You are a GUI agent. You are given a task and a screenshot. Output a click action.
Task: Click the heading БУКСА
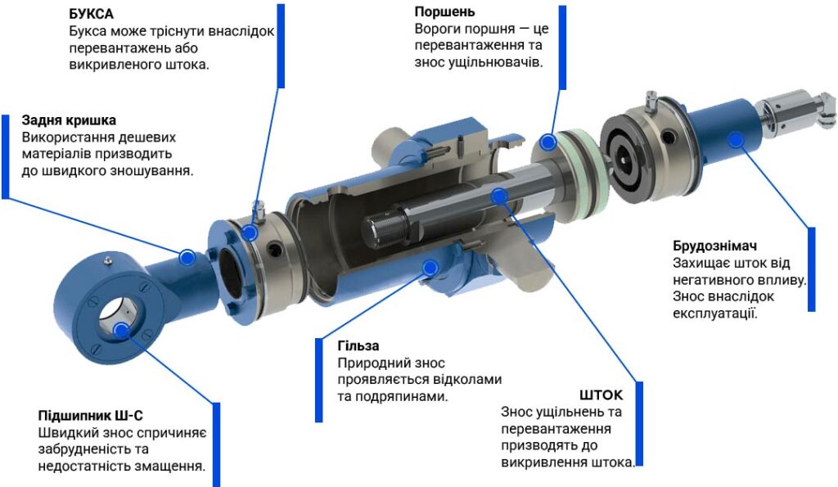tap(92, 14)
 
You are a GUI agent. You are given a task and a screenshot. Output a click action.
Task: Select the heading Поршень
tap(444, 11)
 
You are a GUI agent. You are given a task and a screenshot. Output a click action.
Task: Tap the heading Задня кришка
tap(69, 120)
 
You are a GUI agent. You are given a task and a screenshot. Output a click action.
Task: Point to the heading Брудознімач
tap(715, 246)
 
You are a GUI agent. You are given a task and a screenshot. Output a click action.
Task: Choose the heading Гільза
tap(358, 346)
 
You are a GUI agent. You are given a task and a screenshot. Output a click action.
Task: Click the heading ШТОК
tap(601, 395)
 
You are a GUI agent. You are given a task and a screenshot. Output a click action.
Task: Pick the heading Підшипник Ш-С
tap(90, 416)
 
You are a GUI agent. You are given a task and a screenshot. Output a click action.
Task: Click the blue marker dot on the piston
tap(547, 142)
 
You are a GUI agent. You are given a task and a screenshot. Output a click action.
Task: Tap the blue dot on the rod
tap(498, 196)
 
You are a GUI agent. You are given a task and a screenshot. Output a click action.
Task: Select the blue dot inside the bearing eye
tap(121, 331)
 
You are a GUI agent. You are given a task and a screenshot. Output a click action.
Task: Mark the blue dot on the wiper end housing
tap(737, 139)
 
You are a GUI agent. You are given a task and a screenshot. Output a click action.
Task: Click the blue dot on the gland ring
tap(249, 232)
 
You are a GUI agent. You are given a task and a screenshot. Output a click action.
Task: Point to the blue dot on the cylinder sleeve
tap(430, 268)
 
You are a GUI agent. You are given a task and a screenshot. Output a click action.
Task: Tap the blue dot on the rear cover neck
tap(187, 258)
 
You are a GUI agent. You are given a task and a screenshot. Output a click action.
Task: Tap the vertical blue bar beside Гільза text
tap(319, 380)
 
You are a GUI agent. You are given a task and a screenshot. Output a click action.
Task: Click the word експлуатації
tap(715, 313)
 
